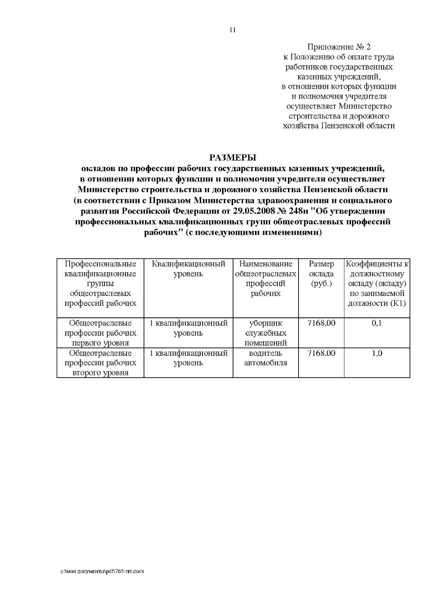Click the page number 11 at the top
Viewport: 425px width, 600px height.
[233, 30]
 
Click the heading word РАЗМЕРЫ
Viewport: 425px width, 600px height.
[232, 157]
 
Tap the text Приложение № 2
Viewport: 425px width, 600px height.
[339, 47]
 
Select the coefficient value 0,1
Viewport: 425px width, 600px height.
[377, 323]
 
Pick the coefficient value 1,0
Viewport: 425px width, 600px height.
[377, 353]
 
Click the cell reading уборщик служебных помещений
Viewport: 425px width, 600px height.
[266, 333]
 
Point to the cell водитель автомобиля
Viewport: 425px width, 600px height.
[266, 358]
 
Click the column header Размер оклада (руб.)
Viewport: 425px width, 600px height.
[321, 274]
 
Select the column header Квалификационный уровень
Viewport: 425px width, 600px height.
[188, 269]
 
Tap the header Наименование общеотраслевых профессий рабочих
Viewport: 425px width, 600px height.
[266, 279]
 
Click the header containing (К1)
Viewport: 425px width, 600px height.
[377, 284]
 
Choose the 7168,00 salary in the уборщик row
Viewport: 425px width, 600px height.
[321, 323]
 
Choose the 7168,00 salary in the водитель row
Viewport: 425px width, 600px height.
[321, 353]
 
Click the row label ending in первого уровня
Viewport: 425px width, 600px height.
[100, 333]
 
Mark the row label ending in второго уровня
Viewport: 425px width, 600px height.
[100, 363]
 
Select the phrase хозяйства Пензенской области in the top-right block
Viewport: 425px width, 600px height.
[339, 126]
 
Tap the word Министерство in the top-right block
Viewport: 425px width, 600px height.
[365, 106]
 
